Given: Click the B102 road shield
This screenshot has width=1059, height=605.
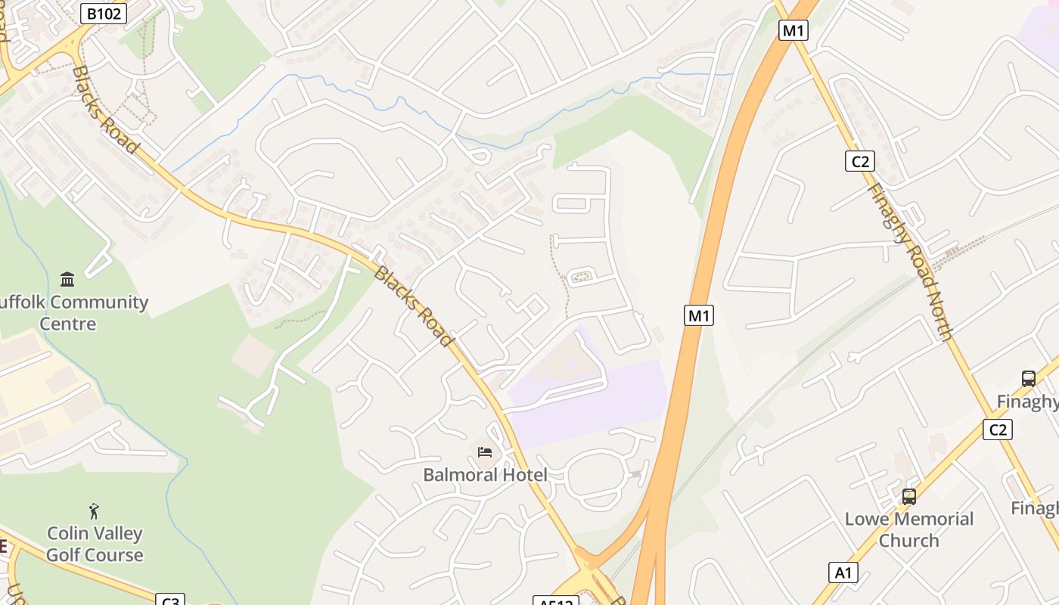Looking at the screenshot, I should (x=103, y=13).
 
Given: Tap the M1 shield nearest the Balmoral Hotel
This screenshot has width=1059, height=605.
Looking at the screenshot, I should (x=698, y=315).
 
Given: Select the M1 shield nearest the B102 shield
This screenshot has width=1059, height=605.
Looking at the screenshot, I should (x=793, y=30).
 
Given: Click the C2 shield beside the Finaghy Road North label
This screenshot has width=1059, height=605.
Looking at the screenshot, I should (x=859, y=161).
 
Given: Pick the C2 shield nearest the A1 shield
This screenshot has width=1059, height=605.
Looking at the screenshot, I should (x=997, y=430).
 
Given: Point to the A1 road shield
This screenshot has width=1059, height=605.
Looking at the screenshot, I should (x=843, y=572).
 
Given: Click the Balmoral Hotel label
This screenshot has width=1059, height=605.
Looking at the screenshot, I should (x=485, y=475).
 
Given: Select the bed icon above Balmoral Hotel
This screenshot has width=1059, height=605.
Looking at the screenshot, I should (x=485, y=451).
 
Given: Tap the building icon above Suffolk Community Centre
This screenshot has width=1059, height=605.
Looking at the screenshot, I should (x=67, y=280).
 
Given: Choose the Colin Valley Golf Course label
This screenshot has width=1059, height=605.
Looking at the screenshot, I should (x=95, y=544).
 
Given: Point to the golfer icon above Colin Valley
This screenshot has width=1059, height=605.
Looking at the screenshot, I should (x=94, y=511).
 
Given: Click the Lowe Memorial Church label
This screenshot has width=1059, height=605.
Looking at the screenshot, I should (x=908, y=529).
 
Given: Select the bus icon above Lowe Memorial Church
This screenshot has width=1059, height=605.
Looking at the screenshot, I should (x=908, y=497).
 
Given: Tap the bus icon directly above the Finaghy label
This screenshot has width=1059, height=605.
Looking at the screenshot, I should (x=1028, y=379).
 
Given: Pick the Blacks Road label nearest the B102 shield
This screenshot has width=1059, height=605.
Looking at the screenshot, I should (x=105, y=109).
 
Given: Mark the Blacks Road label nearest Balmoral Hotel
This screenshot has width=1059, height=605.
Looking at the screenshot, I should (x=413, y=306).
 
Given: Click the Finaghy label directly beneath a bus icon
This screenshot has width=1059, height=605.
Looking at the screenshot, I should (x=1028, y=402).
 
